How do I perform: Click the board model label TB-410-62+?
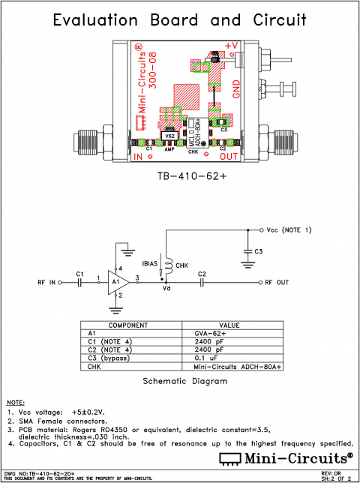(180, 178)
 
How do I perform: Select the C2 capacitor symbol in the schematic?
(202, 283)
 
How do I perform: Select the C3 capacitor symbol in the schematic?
(247, 250)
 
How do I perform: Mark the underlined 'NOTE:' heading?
(16, 403)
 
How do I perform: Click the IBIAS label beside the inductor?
(148, 265)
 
